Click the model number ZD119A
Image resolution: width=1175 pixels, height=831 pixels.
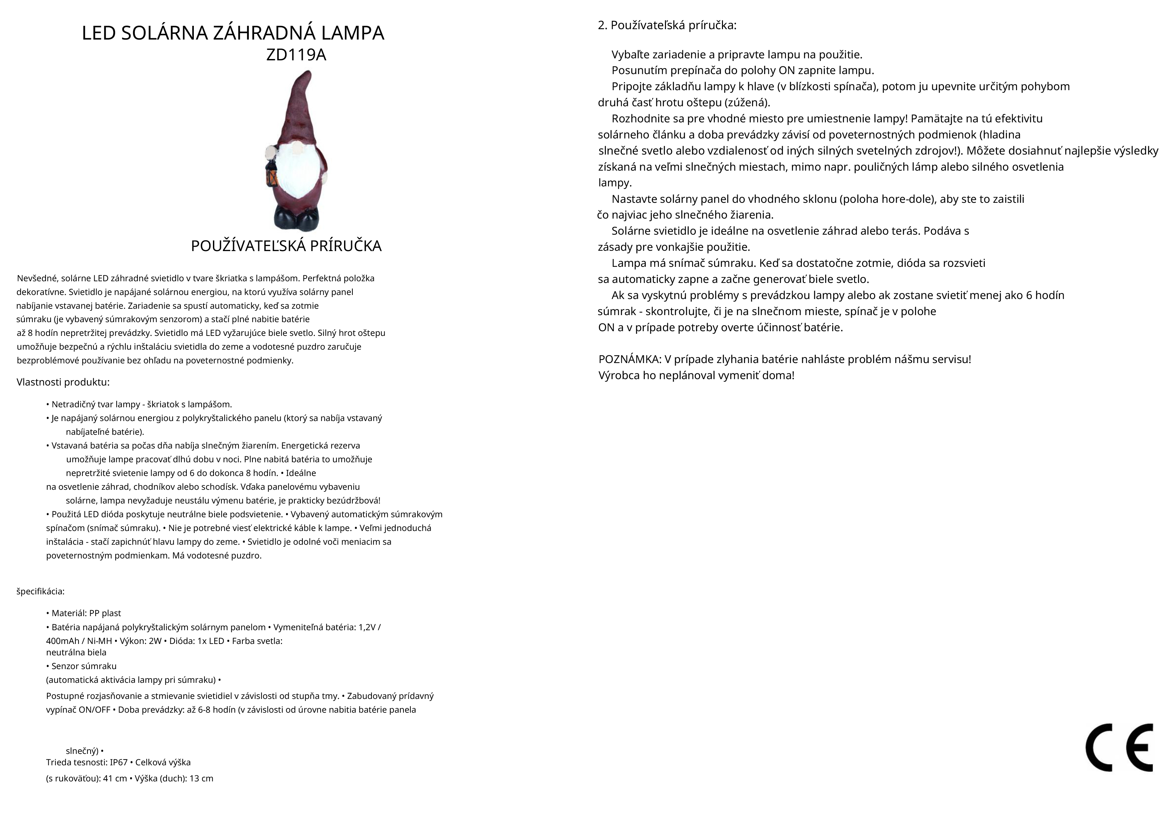[296, 55]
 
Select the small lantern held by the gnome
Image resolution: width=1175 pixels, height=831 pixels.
[271, 174]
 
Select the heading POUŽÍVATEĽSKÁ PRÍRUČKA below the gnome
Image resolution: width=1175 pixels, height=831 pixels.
[286, 246]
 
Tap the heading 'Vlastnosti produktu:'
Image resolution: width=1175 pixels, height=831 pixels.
[63, 382]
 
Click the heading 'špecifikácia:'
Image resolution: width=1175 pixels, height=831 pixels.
[41, 592]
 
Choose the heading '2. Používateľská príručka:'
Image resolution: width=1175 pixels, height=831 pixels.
[667, 25]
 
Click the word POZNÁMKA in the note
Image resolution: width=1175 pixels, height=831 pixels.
[629, 359]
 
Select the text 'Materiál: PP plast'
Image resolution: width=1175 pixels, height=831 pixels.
[86, 613]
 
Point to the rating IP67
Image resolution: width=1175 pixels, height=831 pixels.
[119, 762]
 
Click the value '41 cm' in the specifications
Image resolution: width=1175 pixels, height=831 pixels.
[115, 778]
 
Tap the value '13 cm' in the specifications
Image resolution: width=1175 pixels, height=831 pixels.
[201, 778]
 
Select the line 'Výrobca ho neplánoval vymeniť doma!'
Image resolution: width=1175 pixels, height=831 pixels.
[696, 375]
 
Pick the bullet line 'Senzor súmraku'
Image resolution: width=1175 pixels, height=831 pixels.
[84, 666]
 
